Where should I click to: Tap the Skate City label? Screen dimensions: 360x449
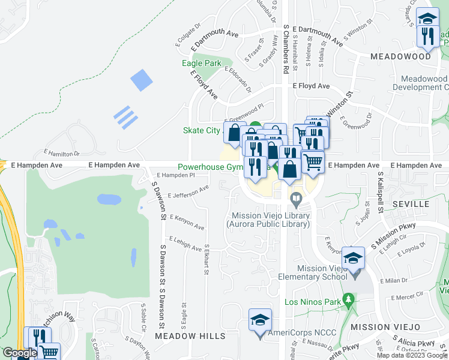[x=202, y=131]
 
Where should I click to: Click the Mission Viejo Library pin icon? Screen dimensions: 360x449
[x=295, y=198]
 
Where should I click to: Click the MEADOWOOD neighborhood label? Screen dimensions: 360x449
[x=401, y=56]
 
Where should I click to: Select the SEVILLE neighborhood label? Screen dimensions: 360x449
[x=411, y=204]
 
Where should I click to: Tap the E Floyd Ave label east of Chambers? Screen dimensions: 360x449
[x=311, y=86]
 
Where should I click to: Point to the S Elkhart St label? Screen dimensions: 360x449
[x=206, y=259]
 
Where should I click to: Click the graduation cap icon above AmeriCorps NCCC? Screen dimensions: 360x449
[x=261, y=320]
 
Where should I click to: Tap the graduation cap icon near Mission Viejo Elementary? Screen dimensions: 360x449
[x=354, y=258]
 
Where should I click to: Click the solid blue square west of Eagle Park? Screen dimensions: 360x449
[x=142, y=80]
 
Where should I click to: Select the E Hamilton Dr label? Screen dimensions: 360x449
[x=61, y=154]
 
